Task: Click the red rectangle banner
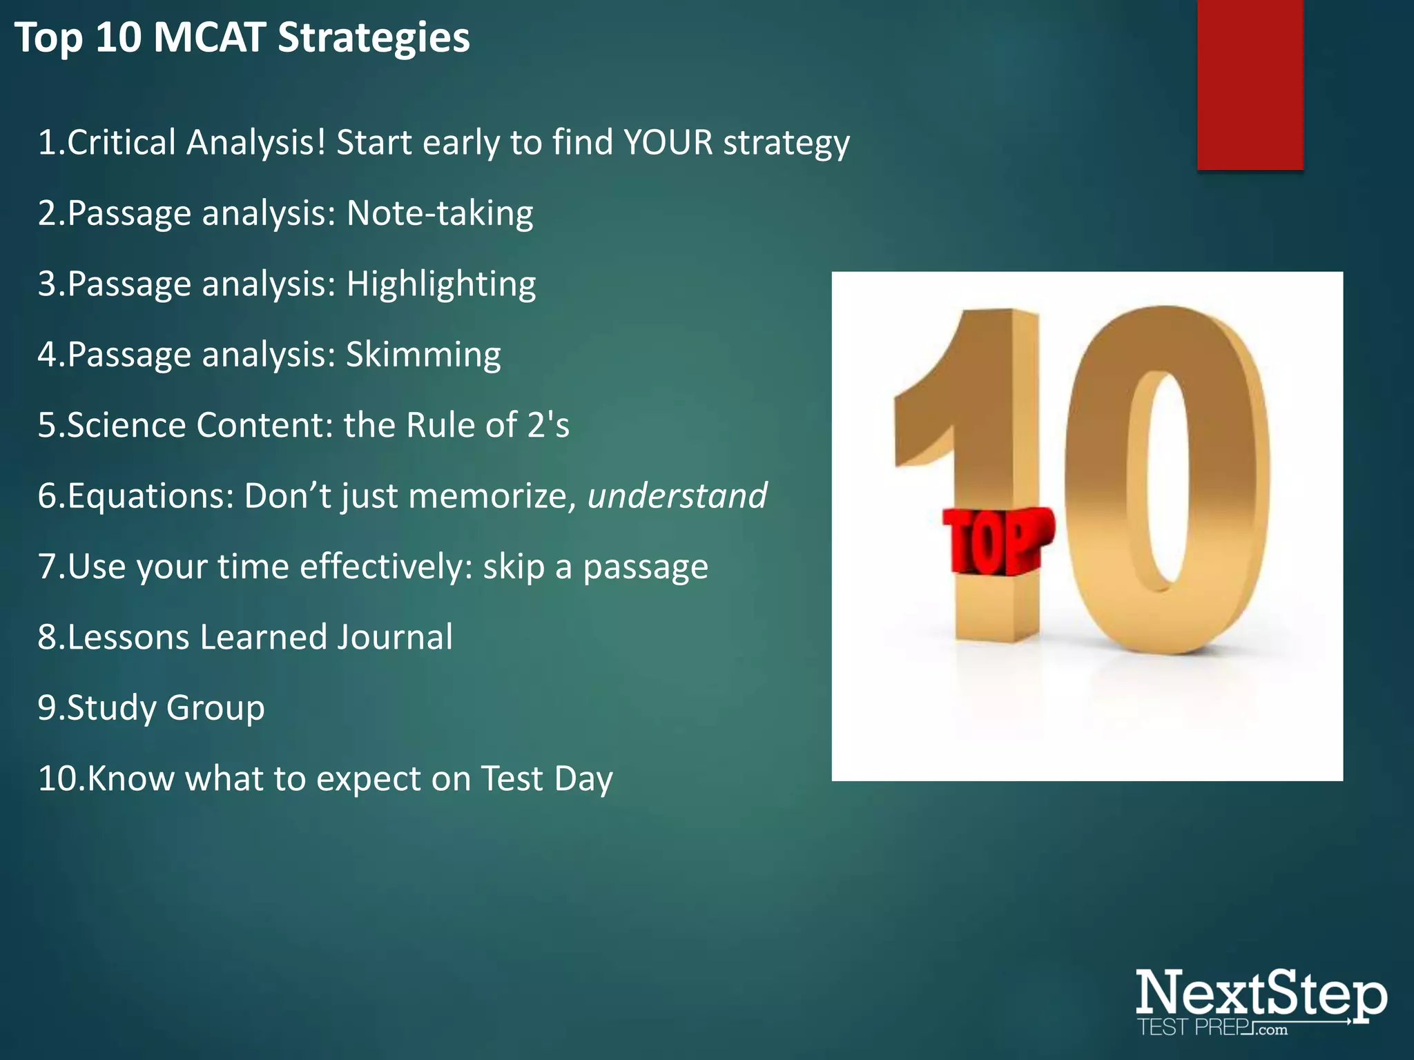tap(1250, 84)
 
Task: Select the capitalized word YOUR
tap(668, 143)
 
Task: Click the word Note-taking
tap(440, 213)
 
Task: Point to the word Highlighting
tap(440, 284)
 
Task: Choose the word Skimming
tap(423, 355)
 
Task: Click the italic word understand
tap(677, 496)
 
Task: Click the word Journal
tap(395, 637)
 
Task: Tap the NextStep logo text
tap(1260, 994)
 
